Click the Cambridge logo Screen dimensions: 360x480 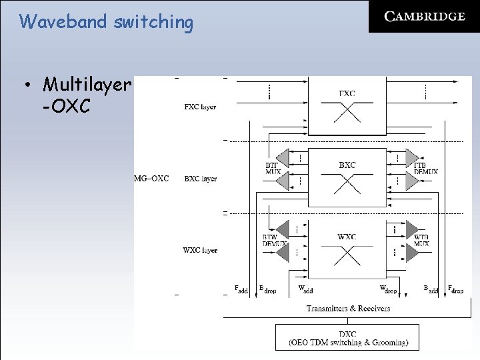click(x=424, y=17)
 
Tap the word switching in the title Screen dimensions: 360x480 click(x=153, y=22)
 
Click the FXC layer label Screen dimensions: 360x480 click(x=200, y=107)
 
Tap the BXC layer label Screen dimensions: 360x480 click(x=200, y=179)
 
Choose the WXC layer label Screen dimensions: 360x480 click(x=200, y=251)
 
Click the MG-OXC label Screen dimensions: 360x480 click(x=151, y=179)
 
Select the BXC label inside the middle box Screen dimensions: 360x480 click(x=347, y=165)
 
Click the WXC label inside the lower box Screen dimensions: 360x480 click(x=347, y=237)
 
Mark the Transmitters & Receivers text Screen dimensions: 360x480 click(x=348, y=308)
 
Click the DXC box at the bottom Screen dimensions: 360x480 click(x=347, y=337)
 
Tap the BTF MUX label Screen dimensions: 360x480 click(x=273, y=168)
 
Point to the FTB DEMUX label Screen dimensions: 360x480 click(x=425, y=168)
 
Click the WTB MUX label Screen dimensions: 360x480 click(x=421, y=240)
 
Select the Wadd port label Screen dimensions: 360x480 click(x=305, y=289)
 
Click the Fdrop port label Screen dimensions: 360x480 click(x=456, y=289)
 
